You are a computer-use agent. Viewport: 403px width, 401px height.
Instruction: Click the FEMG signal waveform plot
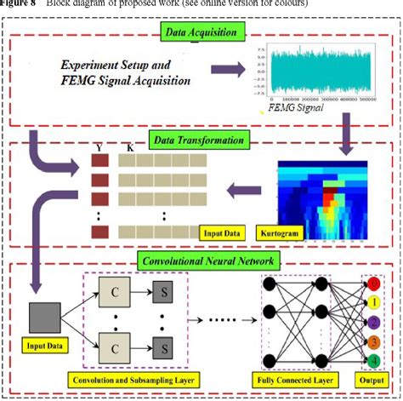(x=315, y=72)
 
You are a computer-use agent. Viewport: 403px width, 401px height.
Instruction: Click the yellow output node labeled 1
(x=372, y=301)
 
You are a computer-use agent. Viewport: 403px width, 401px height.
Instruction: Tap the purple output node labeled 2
(x=372, y=323)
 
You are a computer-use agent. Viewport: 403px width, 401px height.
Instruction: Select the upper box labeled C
(x=115, y=291)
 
